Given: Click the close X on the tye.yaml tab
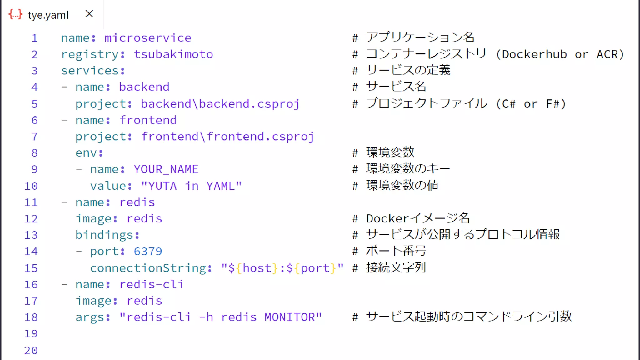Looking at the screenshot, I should [89, 14].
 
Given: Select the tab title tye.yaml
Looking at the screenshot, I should [48, 15].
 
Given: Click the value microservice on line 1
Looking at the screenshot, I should [147, 38].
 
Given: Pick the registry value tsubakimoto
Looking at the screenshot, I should [173, 54].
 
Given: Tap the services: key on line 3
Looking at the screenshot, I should [93, 71].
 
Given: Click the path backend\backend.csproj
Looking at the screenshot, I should [220, 104].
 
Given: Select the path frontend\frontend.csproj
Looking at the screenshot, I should [227, 137].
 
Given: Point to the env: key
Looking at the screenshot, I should [89, 153].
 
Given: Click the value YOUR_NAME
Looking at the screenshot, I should [166, 169].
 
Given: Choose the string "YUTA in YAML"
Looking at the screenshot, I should [191, 186].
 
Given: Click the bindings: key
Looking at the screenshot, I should [107, 235].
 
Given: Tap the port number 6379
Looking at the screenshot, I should [148, 252].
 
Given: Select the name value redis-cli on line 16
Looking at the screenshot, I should [151, 284].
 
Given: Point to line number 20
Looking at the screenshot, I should [31, 350].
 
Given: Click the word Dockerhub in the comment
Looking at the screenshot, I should [534, 54].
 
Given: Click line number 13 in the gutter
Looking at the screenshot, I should [31, 235].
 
